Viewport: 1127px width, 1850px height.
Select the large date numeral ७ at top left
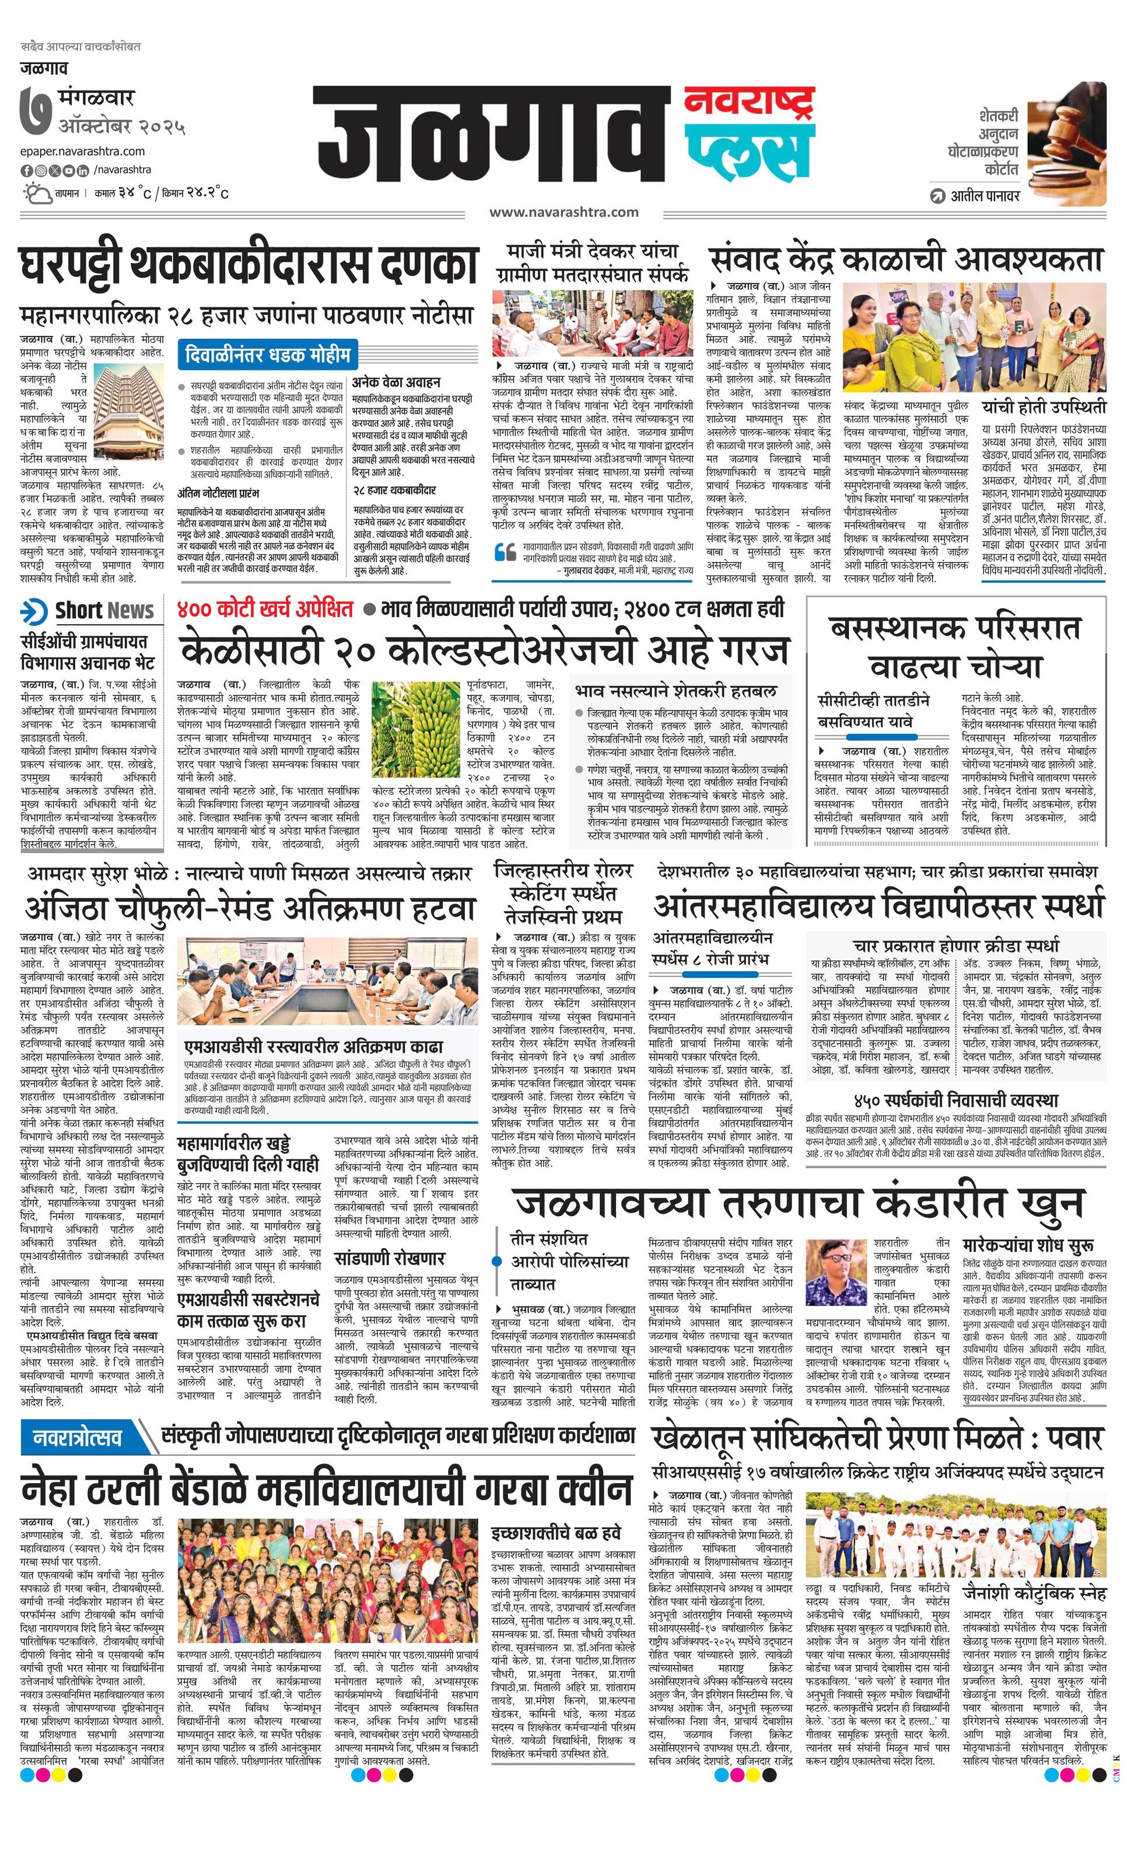37,113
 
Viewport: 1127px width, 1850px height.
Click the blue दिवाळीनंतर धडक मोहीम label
267,353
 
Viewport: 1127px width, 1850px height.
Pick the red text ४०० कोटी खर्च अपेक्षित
265,608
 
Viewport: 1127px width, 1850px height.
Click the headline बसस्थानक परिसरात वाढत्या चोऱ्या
955,646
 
